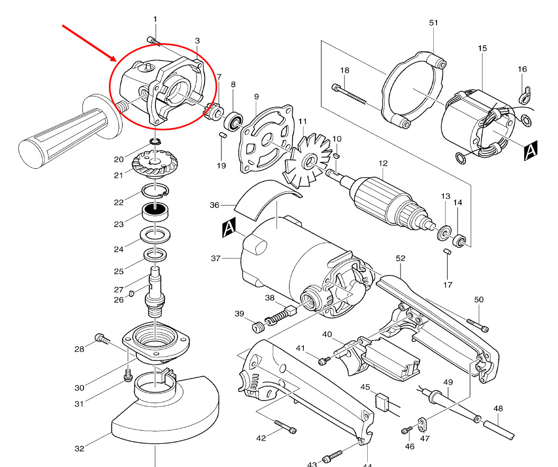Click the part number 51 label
(x=434, y=23)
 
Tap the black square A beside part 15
(x=531, y=152)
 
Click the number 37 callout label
(x=215, y=259)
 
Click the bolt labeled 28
(x=101, y=339)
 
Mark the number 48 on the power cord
(x=498, y=408)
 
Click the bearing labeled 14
(x=460, y=240)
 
